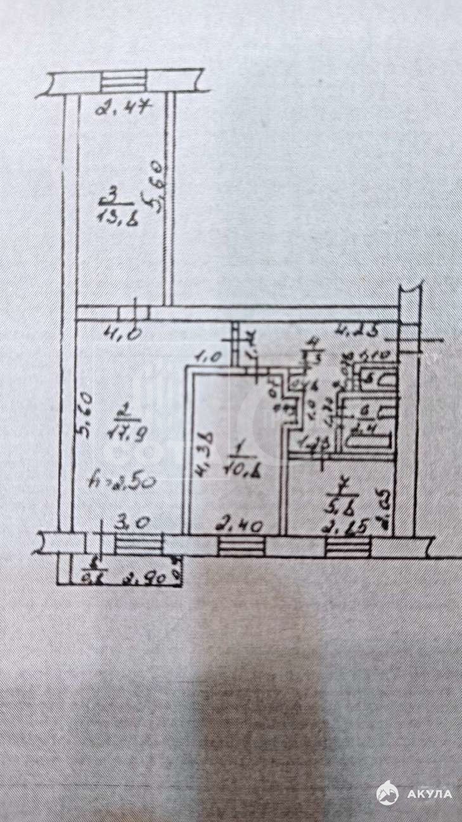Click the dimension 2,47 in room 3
(x=122, y=108)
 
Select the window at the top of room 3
(x=124, y=82)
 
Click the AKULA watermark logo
(x=415, y=793)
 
